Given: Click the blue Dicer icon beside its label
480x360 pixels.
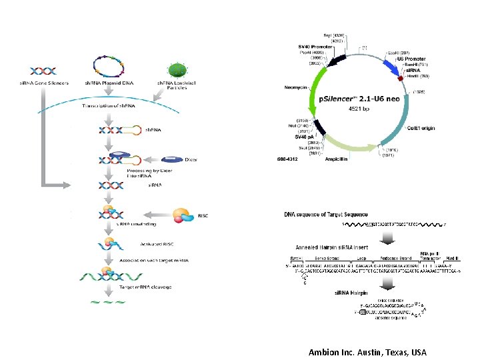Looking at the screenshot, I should coord(172,159).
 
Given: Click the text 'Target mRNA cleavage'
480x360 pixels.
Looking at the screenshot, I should coord(146,287).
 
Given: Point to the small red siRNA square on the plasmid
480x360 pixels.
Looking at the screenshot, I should coord(399,77).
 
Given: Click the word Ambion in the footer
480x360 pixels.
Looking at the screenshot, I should coord(323,352).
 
